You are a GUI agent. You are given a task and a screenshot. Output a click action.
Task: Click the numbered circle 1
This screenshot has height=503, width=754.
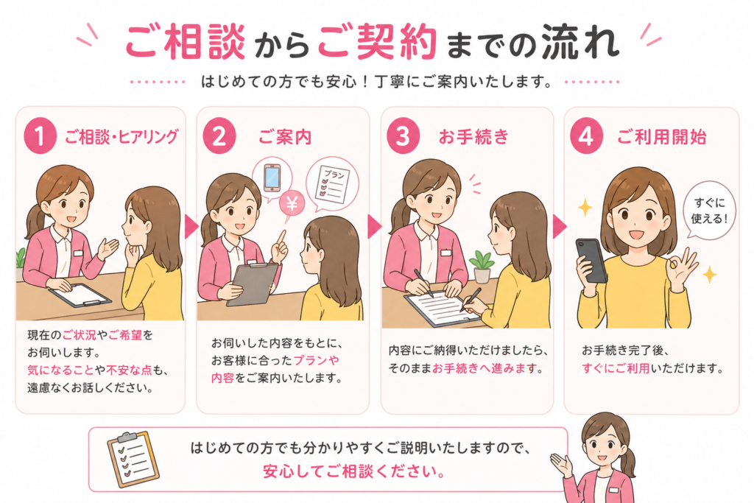pos(40,136)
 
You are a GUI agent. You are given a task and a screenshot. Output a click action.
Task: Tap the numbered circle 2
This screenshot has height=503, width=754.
pos(219,136)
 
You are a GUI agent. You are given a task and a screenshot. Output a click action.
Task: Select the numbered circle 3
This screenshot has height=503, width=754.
pos(403,136)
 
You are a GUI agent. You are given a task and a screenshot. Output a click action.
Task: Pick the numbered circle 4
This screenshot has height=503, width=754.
pos(586,136)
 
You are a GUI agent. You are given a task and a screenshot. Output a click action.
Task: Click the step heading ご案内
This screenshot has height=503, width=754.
pos(285,138)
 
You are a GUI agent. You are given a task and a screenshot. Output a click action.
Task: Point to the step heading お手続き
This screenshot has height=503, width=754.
pos(473,137)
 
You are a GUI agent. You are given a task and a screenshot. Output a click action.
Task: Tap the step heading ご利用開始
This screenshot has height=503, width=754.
pos(662,138)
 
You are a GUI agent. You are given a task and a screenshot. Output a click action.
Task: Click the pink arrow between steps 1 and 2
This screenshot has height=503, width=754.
pos(191,227)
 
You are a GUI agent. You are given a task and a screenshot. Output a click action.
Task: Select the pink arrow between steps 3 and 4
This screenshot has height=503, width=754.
pos(560,227)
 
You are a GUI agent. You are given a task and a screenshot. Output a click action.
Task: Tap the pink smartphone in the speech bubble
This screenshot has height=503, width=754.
pos(272,177)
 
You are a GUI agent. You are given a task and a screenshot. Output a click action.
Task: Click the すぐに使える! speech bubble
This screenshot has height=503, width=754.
pos(709,210)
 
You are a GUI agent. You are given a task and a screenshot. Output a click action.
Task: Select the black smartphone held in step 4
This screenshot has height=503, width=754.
pos(591,261)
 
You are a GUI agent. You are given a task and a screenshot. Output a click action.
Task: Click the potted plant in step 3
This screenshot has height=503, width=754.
pos(482,267)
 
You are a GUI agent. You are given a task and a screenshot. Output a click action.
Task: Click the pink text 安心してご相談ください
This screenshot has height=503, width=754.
pos(354,471)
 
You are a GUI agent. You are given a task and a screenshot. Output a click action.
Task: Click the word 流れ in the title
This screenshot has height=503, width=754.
pos(580,41)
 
